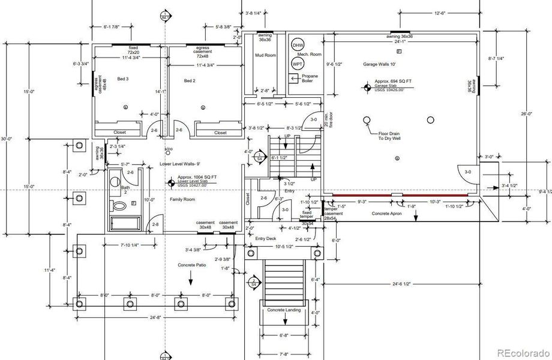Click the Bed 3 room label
tap(122, 80)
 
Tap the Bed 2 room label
tap(190, 80)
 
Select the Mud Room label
tap(265, 55)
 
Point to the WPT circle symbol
tap(298, 63)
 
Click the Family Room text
tap(182, 199)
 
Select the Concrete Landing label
tap(284, 310)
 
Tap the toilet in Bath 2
tap(120, 206)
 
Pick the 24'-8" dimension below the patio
tap(154, 317)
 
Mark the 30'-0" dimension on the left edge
tap(6, 139)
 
